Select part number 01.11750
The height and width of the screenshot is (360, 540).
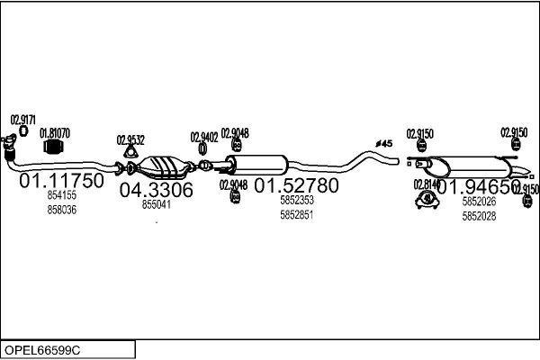tap(62, 181)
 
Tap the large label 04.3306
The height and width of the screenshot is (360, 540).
tap(156, 190)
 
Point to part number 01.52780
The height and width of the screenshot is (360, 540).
tap(296, 186)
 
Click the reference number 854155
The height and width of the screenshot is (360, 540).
tap(61, 195)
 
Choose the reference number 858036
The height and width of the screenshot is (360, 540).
tap(61, 210)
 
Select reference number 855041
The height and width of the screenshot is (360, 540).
tap(156, 204)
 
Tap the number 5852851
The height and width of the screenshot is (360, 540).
tap(296, 215)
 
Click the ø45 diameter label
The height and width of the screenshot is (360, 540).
tap(383, 143)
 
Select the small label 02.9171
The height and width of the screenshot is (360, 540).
tap(22, 120)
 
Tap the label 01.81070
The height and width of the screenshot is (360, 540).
tap(54, 133)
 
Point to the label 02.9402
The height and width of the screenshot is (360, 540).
tap(204, 137)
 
